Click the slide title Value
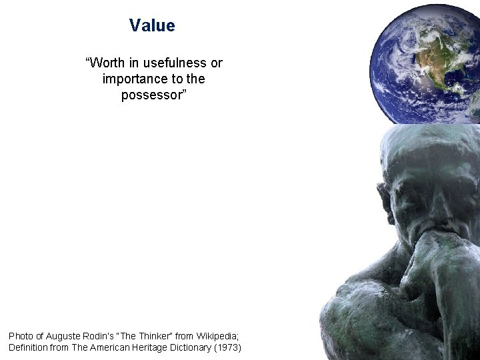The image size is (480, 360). (x=152, y=26)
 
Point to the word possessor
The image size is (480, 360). (x=151, y=95)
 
